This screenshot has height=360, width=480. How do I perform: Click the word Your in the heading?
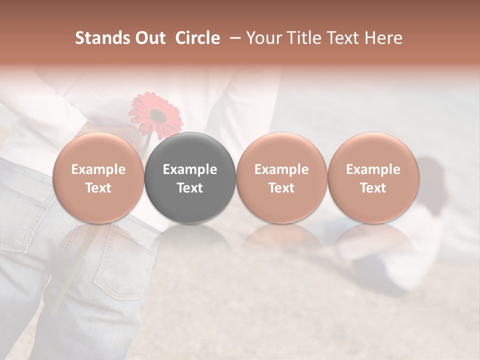[x=263, y=38]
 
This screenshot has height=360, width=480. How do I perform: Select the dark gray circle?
[x=190, y=178]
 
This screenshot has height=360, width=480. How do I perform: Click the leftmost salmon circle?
[x=98, y=178]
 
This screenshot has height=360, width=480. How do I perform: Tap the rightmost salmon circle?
[x=373, y=178]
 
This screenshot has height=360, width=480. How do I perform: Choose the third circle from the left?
[x=281, y=178]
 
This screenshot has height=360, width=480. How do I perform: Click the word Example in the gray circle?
[x=190, y=169]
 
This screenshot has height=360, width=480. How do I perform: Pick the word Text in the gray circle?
[x=190, y=188]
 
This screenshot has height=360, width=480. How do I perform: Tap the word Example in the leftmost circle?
[x=98, y=169]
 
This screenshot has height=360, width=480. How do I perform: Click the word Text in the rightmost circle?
[x=373, y=188]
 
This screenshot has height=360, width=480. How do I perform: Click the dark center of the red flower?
[x=158, y=116]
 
